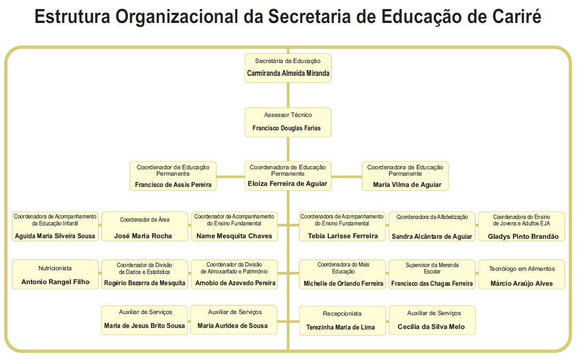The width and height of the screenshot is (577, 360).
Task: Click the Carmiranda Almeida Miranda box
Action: tap(288, 68)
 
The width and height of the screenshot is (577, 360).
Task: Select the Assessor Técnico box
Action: tap(288, 122)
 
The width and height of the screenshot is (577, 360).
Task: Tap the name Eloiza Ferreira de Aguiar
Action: tap(287, 184)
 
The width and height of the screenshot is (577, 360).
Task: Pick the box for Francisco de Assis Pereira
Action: tap(173, 176)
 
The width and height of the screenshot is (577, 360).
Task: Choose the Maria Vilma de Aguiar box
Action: tap(405, 176)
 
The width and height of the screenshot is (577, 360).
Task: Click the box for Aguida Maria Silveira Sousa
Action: tap(55, 226)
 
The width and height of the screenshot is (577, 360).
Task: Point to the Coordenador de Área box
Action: tap(144, 226)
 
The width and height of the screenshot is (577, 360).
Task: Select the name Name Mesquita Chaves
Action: tap(234, 236)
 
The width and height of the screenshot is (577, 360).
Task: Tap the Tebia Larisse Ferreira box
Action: tap(342, 226)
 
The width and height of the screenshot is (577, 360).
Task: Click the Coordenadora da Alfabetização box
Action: tap(432, 226)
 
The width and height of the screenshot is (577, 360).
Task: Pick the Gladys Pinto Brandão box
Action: tap(521, 226)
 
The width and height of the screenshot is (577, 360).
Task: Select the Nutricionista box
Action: tap(55, 275)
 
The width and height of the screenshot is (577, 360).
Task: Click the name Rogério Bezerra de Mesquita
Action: tap(145, 283)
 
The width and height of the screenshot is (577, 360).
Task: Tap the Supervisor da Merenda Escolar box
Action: tap(432, 275)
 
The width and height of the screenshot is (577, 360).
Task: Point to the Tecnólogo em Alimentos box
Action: tap(521, 275)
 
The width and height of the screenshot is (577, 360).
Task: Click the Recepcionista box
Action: tap(342, 320)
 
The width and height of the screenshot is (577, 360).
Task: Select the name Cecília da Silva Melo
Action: tap(432, 327)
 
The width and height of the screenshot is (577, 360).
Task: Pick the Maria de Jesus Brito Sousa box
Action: tap(145, 319)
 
